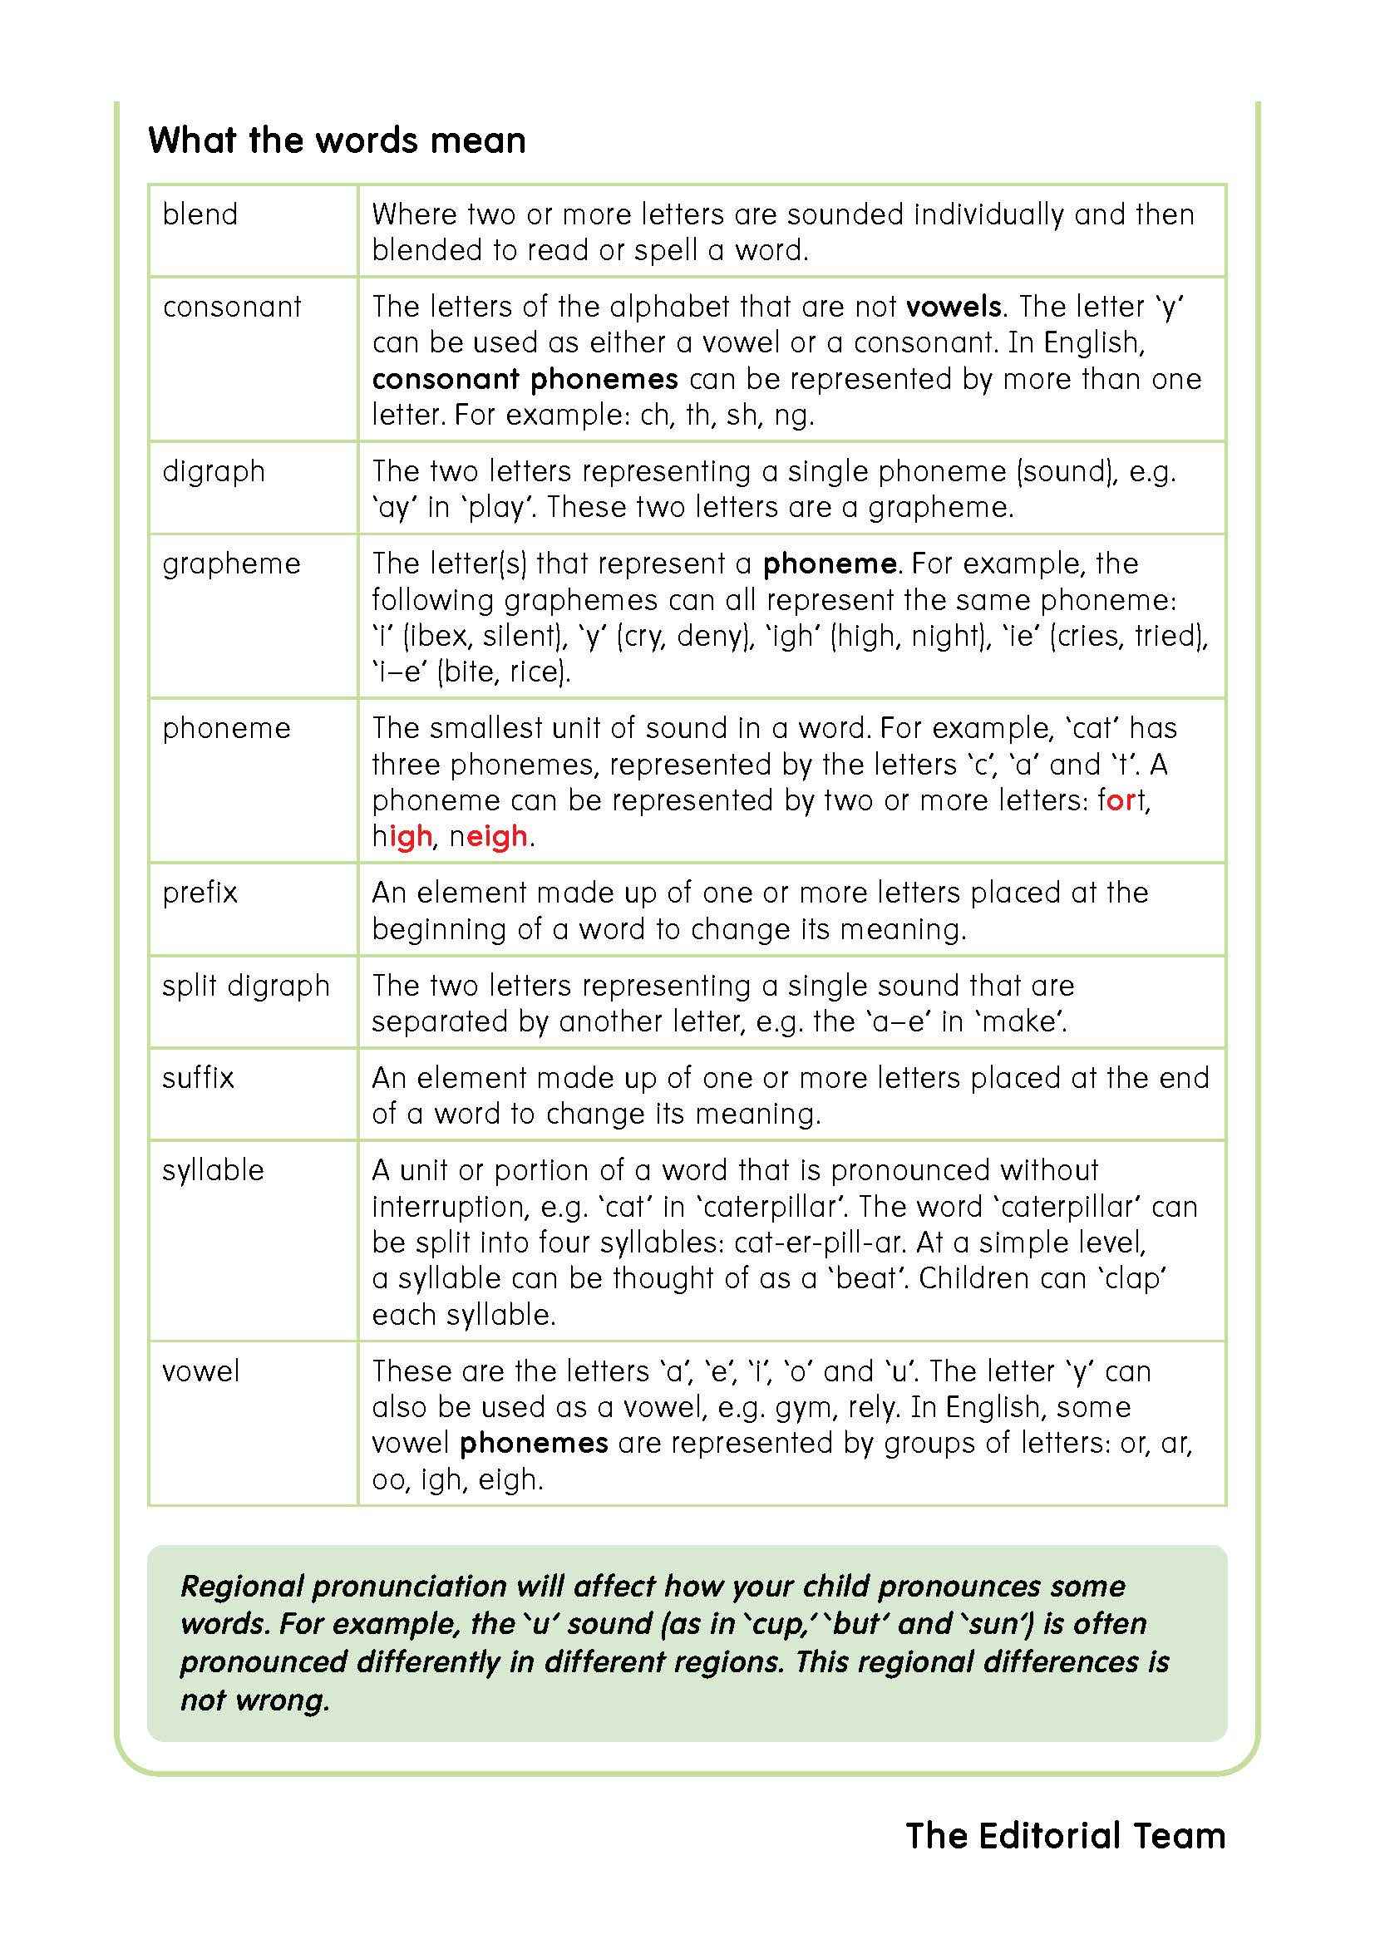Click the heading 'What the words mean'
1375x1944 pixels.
pos(337,140)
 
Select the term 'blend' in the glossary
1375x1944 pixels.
pos(200,215)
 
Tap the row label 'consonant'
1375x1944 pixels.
pos(232,307)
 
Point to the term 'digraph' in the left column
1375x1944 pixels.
pos(214,471)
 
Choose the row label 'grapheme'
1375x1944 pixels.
pos(231,564)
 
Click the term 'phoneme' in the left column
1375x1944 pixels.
pos(226,728)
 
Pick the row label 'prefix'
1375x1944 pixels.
pos(200,893)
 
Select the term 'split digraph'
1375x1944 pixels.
pos(245,986)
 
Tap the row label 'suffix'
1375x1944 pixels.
pos(198,1078)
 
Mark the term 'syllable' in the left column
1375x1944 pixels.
pos(214,1170)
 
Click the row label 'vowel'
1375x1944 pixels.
pos(200,1371)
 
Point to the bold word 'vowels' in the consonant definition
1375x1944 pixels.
pos(954,307)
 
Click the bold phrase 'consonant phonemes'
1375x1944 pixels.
pos(525,379)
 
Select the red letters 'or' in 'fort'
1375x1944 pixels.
pos(1121,801)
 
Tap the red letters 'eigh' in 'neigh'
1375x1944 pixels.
pos(497,838)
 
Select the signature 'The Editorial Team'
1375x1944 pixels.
pos(1065,1837)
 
